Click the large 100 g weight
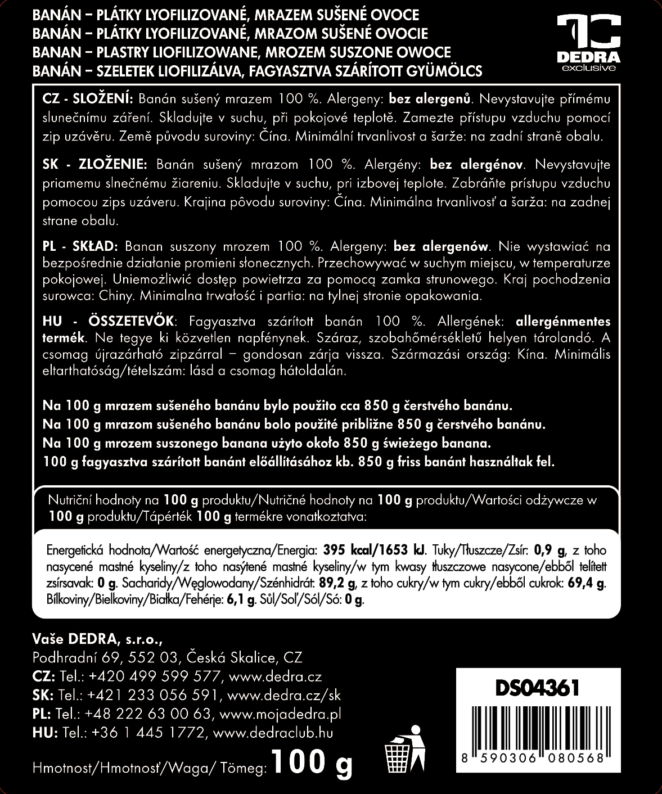pos(312,763)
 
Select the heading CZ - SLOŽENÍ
pos(87,99)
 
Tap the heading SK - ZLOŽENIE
pos(94,165)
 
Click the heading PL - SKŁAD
pos(79,246)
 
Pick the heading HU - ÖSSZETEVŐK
pos(109,322)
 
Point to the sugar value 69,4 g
pos(586,583)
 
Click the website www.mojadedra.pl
pos(280,714)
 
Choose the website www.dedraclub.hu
pos(273,733)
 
